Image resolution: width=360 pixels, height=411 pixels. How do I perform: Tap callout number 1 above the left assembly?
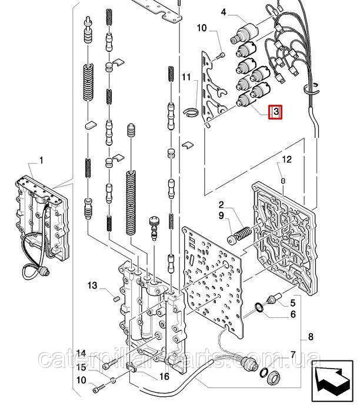(41, 160)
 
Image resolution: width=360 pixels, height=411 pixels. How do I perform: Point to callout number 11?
(186, 78)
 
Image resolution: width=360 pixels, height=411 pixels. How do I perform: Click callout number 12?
(286, 159)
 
